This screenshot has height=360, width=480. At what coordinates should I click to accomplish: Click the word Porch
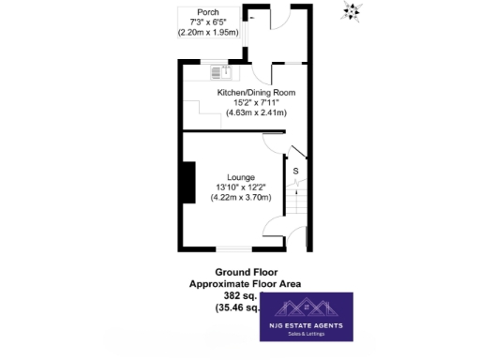click(195, 12)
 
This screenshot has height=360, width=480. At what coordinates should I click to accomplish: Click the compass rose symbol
click(353, 10)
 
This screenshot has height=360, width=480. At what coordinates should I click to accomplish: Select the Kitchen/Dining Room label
click(256, 93)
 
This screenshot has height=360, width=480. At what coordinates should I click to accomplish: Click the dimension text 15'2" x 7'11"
click(256, 102)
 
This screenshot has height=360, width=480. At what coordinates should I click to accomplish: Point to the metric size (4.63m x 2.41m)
click(256, 112)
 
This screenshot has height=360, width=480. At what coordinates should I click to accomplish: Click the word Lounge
click(241, 176)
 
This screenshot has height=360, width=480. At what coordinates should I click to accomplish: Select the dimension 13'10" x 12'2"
click(241, 187)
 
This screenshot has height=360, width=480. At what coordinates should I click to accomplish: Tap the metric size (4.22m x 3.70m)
click(241, 197)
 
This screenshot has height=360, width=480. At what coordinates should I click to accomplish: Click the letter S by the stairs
click(295, 171)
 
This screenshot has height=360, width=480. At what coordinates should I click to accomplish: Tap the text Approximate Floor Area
click(245, 284)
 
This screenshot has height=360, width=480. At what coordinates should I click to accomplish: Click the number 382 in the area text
click(231, 295)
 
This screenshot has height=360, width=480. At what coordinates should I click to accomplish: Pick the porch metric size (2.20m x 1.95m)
click(208, 32)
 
